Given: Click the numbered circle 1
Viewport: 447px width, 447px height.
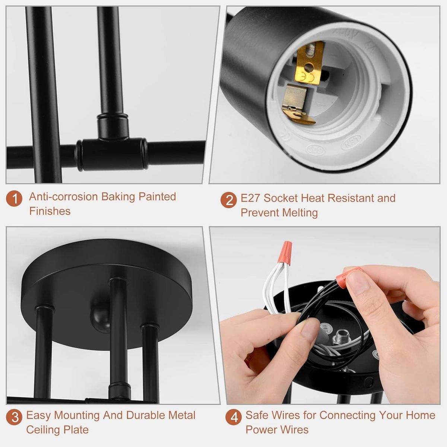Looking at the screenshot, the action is point(14,198).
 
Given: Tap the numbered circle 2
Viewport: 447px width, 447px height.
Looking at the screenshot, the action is point(229,200).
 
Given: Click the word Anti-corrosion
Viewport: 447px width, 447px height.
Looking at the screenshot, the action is point(63,197).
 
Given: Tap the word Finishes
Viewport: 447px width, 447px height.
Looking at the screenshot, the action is point(50,211).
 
